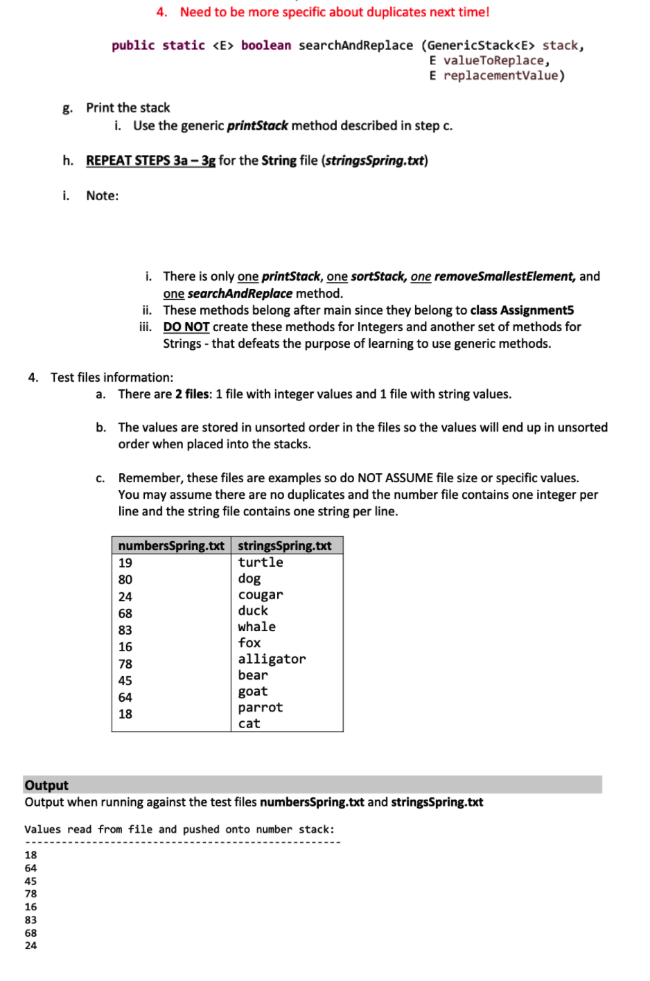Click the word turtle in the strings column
tap(261, 563)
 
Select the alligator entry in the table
tap(272, 660)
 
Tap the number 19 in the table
tap(125, 563)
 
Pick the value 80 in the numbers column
tap(125, 580)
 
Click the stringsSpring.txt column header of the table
tap(285, 546)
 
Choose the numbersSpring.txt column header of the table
tap(171, 546)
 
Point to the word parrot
tap(261, 708)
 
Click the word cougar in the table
tap(261, 595)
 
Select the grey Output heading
tap(46, 785)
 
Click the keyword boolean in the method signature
tap(266, 46)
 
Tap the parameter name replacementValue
tap(500, 76)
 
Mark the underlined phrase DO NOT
tap(186, 327)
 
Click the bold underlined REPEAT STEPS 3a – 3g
tap(150, 161)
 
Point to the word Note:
tap(103, 196)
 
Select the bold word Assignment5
tap(537, 310)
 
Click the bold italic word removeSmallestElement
tap(504, 276)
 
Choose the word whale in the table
tap(257, 627)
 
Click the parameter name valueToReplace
tap(493, 61)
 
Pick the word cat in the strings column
tap(249, 724)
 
